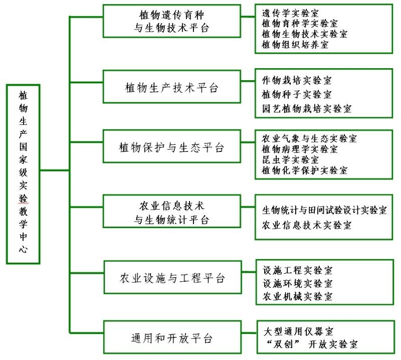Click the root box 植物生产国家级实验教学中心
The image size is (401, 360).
point(23,173)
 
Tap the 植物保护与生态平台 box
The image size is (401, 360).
point(172,148)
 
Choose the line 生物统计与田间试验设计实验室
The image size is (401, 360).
point(324,211)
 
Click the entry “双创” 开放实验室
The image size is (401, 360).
point(311,344)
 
